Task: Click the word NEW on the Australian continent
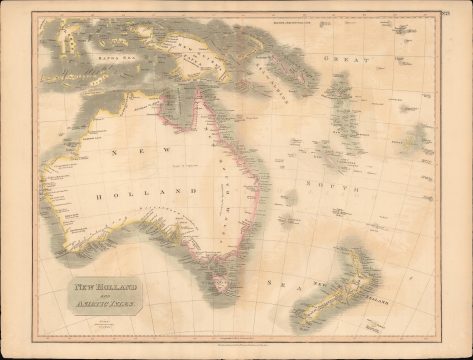point(128,151)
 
